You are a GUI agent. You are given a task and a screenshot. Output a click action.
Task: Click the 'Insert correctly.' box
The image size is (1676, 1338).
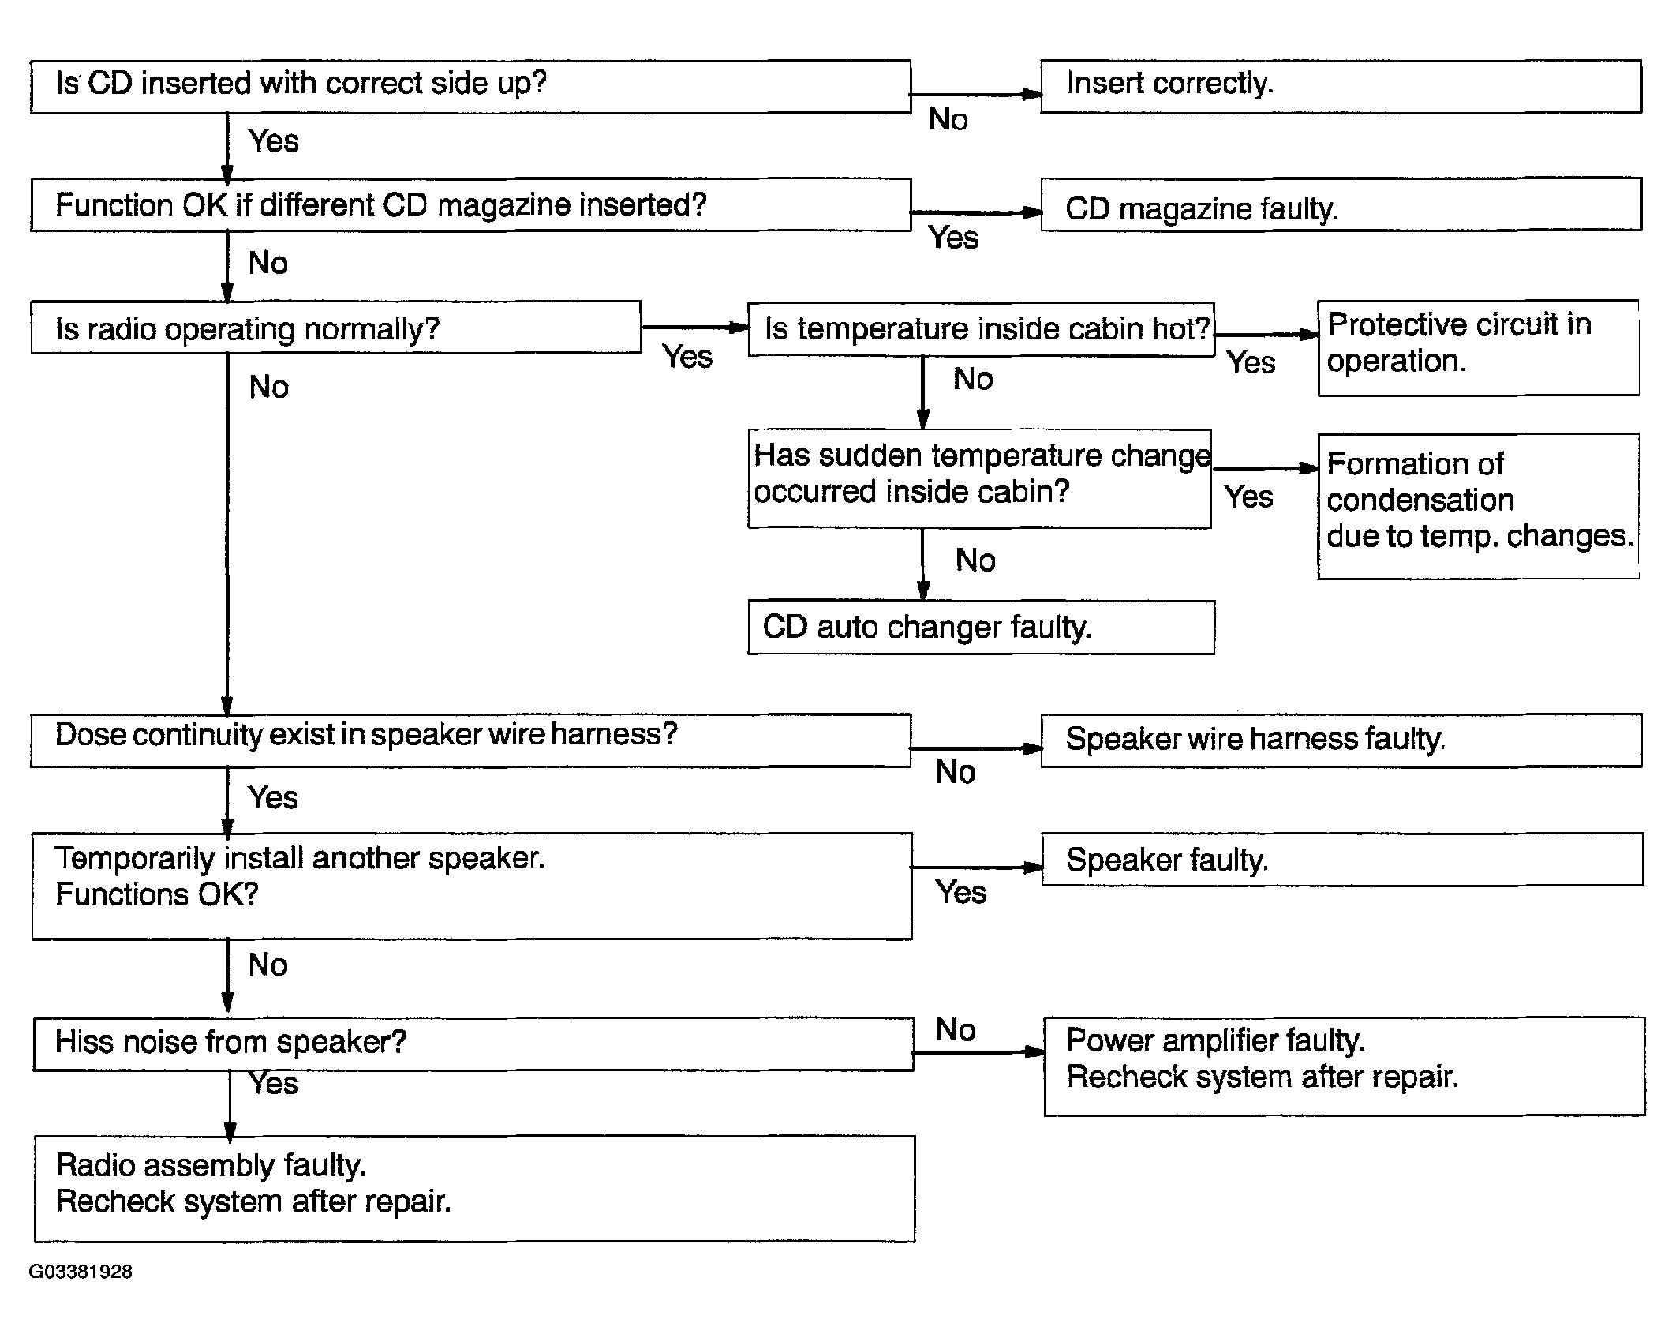click(x=1341, y=86)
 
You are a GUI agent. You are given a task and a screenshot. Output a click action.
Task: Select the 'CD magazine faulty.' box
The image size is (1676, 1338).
click(x=1341, y=204)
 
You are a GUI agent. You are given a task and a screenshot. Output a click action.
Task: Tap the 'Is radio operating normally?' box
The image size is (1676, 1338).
click(x=335, y=327)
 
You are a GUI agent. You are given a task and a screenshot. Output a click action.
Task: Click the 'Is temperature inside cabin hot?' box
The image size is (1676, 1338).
click(x=981, y=329)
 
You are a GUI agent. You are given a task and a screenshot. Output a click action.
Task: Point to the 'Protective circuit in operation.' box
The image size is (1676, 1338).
click(x=1478, y=347)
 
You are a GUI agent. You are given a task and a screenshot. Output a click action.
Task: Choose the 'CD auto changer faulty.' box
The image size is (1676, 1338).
click(x=981, y=628)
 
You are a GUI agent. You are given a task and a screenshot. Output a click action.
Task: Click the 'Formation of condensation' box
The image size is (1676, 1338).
click(x=1478, y=506)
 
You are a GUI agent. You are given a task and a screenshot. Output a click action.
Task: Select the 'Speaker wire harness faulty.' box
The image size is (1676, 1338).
click(x=1341, y=740)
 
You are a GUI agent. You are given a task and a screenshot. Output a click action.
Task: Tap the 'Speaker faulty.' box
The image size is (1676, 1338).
click(x=1342, y=860)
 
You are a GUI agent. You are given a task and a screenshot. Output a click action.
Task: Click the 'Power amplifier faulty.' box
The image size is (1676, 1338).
click(x=1345, y=1066)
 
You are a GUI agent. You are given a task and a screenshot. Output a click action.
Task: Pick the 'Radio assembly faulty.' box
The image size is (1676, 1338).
click(x=474, y=1189)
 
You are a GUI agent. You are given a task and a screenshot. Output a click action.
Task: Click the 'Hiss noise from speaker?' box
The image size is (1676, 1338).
click(x=473, y=1044)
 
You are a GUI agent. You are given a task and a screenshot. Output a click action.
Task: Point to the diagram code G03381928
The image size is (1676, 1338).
click(x=80, y=1272)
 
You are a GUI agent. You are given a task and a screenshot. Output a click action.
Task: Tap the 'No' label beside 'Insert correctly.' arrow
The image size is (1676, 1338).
click(x=948, y=120)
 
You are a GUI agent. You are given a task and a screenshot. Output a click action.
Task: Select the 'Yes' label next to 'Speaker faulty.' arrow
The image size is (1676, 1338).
click(x=960, y=893)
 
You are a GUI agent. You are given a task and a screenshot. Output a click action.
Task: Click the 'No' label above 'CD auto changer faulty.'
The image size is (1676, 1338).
click(x=975, y=560)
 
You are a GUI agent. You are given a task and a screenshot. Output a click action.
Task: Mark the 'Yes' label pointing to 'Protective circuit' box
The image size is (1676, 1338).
click(x=1251, y=363)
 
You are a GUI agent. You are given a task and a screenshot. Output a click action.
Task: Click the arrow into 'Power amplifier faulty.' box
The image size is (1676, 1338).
click(x=978, y=1051)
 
